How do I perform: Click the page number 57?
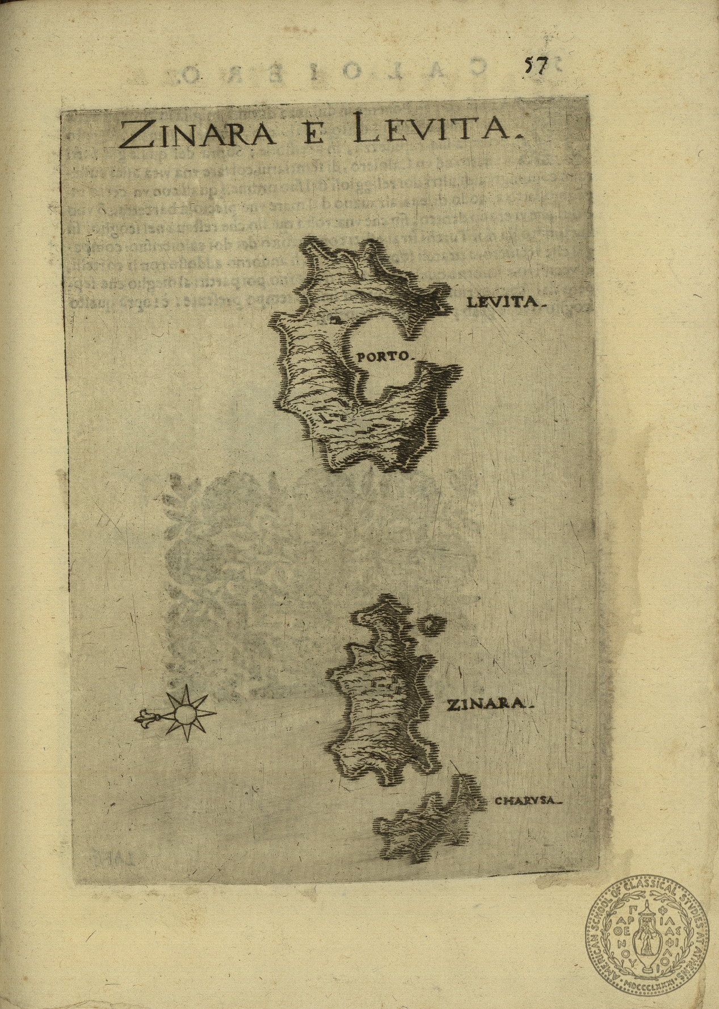coord(534,66)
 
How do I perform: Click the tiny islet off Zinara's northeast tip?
coord(430,624)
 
